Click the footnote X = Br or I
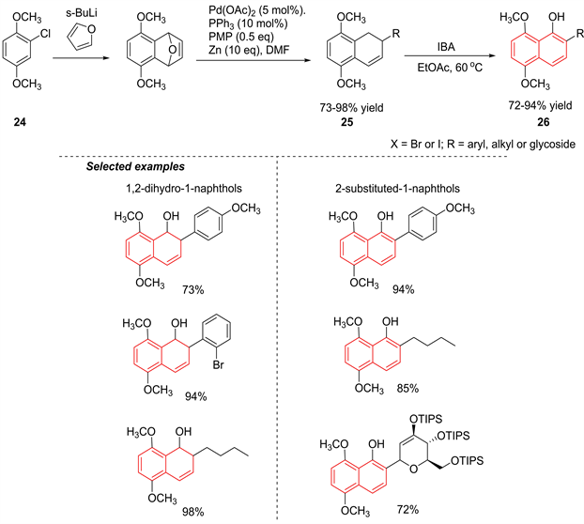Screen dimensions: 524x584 click(421, 142)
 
